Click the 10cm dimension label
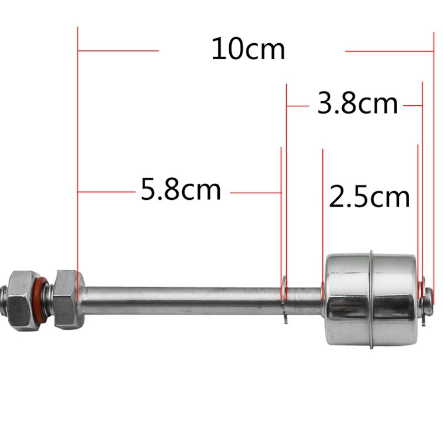tap(248, 50)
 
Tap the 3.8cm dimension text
tap(357, 104)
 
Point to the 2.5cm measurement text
tap(369, 197)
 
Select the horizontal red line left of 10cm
tap(119, 50)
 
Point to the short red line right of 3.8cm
tap(413, 104)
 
